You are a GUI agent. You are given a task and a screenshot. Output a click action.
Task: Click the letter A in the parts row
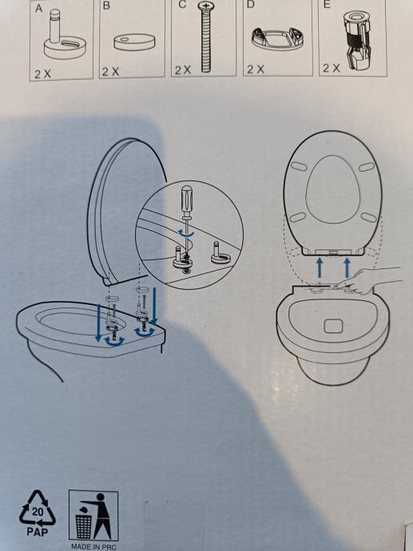[38, 8]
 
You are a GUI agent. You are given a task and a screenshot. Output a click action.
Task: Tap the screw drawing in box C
[205, 37]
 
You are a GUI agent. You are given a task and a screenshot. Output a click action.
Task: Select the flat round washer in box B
[135, 42]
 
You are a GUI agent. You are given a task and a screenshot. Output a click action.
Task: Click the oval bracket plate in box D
[278, 38]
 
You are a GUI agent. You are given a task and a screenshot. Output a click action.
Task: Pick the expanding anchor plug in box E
[357, 38]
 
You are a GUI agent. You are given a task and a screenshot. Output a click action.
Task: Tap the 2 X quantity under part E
[331, 68]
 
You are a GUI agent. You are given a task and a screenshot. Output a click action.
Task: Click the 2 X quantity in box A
[42, 73]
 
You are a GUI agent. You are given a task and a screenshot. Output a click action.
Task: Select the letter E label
[327, 5]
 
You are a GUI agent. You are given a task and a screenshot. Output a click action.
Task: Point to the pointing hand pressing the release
[366, 280]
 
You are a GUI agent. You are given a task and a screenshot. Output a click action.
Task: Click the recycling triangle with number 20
[38, 508]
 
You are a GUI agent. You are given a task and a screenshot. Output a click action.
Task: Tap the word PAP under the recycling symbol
[38, 532]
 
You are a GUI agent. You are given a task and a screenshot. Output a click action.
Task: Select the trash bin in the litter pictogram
[84, 526]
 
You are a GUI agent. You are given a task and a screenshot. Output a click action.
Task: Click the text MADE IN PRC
[93, 547]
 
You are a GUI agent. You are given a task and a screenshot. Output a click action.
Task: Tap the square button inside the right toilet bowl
[333, 326]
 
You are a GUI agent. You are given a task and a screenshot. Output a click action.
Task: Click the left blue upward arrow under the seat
[320, 268]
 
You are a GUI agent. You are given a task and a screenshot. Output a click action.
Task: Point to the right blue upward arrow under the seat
[347, 268]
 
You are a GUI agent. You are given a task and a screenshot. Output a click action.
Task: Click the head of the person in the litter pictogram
[101, 497]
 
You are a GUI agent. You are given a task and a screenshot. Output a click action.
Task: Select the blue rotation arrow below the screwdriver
[186, 233]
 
